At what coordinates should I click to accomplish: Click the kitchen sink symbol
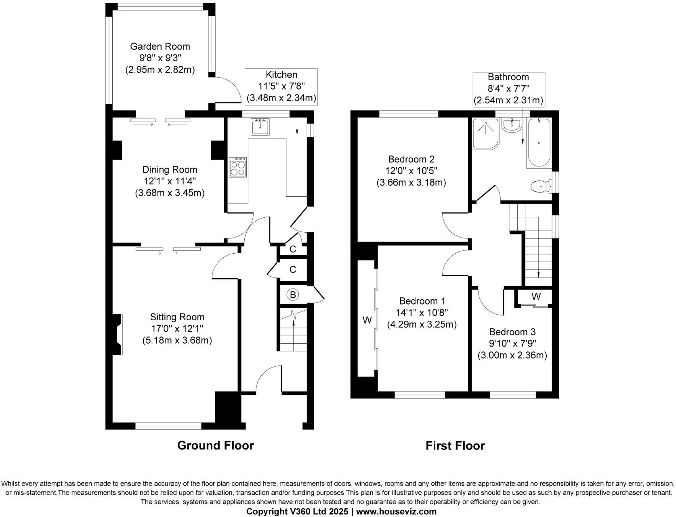260,127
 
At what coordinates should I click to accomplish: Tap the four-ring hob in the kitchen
238,167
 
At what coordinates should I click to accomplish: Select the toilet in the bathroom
540,187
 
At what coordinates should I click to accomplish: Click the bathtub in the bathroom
539,143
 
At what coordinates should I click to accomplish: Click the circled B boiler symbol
293,295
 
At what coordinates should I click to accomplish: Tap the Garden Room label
160,46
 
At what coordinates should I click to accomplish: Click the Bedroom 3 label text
512,332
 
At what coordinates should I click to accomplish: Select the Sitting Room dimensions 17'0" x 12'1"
177,329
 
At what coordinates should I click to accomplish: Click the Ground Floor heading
215,446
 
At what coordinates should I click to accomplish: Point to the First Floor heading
455,446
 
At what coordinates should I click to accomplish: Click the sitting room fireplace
117,334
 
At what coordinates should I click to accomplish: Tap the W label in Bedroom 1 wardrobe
367,320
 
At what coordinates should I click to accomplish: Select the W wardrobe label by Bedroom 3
536,296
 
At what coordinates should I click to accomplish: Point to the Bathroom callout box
508,89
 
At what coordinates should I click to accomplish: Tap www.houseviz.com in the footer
396,511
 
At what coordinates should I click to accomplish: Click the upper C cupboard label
293,249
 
